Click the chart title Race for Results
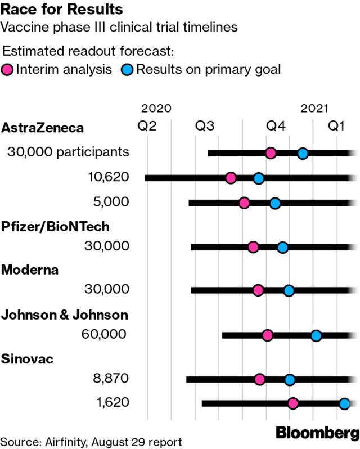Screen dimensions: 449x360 (x=62, y=10)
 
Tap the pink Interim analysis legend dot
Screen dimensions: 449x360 (x=8, y=70)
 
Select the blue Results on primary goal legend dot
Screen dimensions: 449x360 (x=128, y=70)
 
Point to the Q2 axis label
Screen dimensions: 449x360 (x=147, y=127)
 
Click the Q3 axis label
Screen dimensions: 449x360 (x=205, y=127)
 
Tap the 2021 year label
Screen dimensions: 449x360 (x=315, y=108)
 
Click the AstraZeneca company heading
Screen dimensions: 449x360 (x=43, y=128)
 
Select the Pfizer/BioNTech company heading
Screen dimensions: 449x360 (x=56, y=226)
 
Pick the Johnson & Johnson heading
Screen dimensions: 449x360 (x=65, y=315)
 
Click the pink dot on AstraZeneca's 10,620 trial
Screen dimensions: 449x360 (x=231, y=178)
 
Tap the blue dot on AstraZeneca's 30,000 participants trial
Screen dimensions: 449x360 (x=303, y=153)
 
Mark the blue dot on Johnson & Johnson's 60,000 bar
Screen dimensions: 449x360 (x=316, y=336)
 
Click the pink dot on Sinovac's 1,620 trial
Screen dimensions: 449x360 (x=293, y=403)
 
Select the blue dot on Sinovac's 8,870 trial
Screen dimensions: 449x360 (x=290, y=380)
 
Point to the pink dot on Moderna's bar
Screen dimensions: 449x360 (x=258, y=290)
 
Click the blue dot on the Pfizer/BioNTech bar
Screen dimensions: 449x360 (x=283, y=247)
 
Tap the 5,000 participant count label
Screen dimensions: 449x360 (x=113, y=202)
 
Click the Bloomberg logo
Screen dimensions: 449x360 (x=318, y=433)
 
